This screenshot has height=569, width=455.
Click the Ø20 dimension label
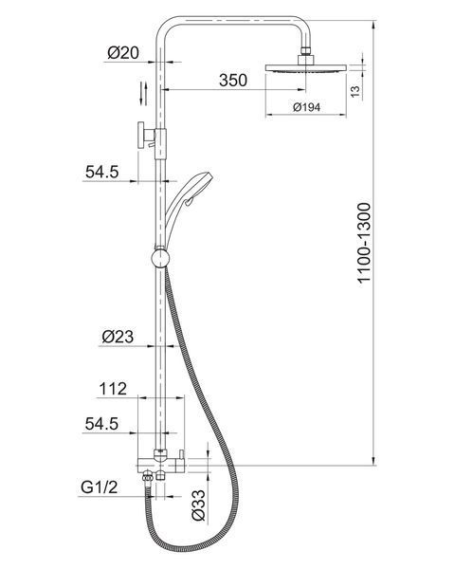coord(123,53)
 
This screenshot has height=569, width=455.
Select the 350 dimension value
coord(233,80)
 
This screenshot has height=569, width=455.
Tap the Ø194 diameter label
coord(306,107)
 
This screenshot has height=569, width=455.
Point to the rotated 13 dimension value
coord(355,91)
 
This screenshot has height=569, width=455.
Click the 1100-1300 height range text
coord(364,243)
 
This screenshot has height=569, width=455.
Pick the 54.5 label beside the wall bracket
coord(102,172)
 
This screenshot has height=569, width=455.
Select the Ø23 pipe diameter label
coord(118,337)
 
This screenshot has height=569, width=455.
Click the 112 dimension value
coord(113,389)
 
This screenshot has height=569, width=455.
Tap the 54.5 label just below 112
coord(101,424)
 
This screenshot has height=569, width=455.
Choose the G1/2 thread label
coord(99,487)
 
